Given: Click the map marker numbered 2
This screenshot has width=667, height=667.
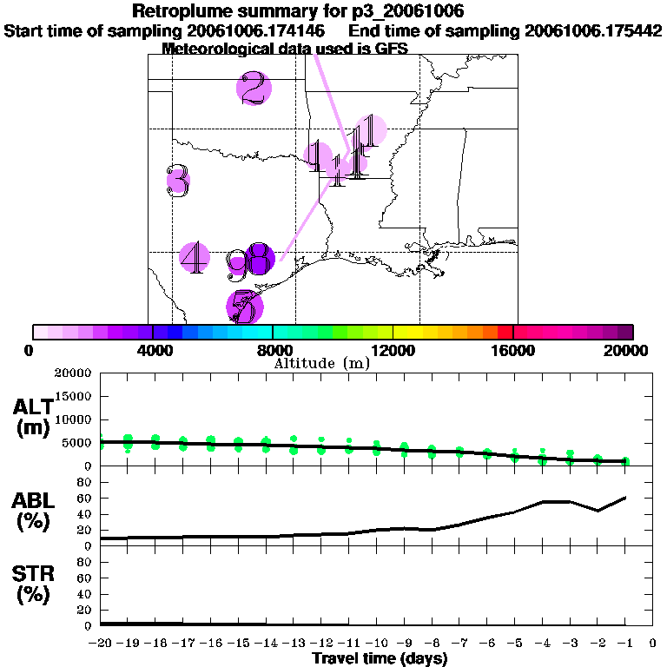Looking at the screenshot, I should (x=254, y=88).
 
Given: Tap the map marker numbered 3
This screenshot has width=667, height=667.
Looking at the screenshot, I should (x=178, y=181).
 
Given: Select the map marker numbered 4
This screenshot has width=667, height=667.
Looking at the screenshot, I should (x=195, y=256).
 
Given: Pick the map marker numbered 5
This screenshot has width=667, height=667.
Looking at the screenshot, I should (x=245, y=307).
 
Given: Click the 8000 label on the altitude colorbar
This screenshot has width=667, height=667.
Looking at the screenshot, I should (x=273, y=351).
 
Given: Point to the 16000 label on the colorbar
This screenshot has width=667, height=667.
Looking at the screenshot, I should (x=513, y=351).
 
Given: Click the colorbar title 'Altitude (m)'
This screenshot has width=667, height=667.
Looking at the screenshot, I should (x=321, y=364).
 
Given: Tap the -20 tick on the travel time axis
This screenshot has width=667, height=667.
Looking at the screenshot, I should (x=102, y=644).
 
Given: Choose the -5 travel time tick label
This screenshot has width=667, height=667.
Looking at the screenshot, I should (x=515, y=644).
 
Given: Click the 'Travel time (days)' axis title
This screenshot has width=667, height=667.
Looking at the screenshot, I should (x=380, y=659).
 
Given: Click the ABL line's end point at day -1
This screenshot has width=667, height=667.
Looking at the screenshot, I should (x=625, y=498).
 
